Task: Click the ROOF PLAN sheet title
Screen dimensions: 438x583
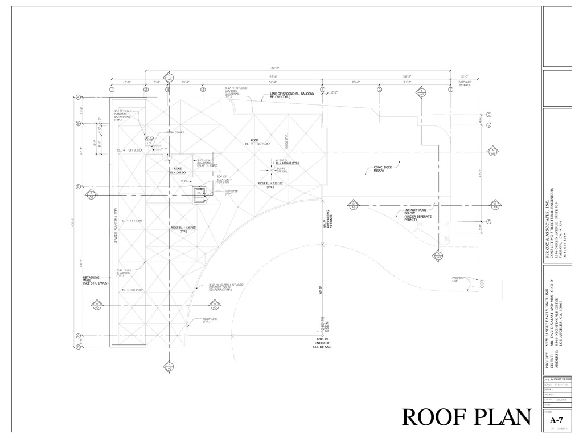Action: click(466, 417)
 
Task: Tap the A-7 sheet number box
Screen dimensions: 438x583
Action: click(557, 420)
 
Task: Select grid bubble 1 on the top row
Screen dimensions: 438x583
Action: click(112, 90)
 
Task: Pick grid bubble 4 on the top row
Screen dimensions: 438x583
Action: click(203, 90)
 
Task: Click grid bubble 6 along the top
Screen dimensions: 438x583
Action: click(379, 90)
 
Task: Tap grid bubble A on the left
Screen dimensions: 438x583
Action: click(77, 98)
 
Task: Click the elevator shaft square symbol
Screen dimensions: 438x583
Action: click(199, 195)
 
